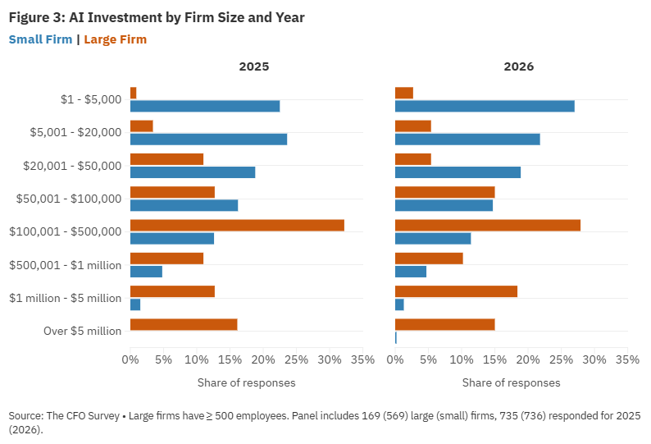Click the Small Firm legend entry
click(x=40, y=39)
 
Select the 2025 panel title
click(x=253, y=66)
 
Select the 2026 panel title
click(x=518, y=66)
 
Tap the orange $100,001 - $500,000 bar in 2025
click(x=237, y=225)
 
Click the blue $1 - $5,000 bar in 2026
click(x=485, y=106)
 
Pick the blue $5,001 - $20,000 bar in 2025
click(x=208, y=139)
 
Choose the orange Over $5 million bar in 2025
click(x=184, y=324)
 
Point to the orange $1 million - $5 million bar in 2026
click(x=456, y=291)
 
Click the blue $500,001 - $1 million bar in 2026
click(x=411, y=272)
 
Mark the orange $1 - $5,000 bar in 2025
click(x=133, y=93)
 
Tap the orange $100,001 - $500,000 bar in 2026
click(x=488, y=225)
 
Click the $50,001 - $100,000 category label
click(x=69, y=199)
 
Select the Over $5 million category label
click(x=82, y=331)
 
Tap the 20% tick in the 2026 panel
click(x=528, y=360)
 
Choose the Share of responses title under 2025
click(x=246, y=382)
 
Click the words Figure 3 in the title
click(x=35, y=17)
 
